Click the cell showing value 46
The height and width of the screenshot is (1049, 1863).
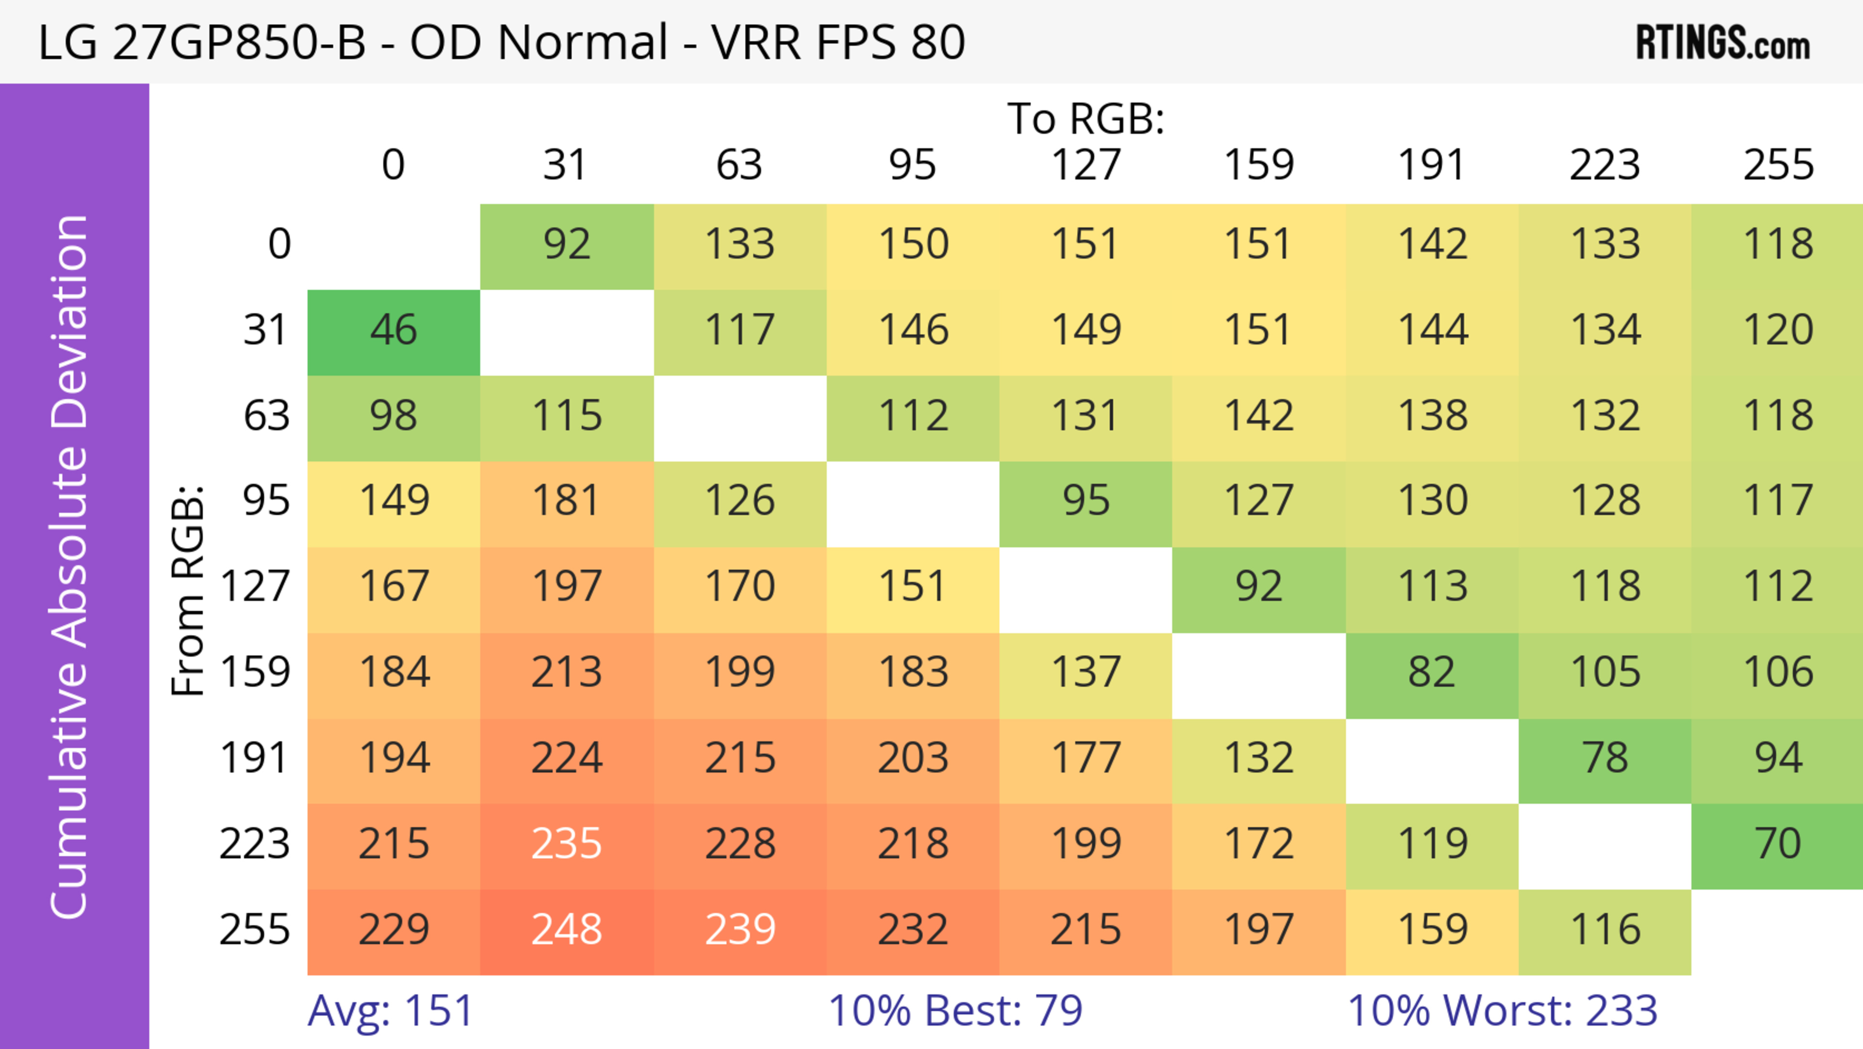[393, 331]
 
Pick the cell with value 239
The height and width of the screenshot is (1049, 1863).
[740, 930]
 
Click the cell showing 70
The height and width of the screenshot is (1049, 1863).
[1778, 844]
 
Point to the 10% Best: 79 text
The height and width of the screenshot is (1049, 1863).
[955, 1011]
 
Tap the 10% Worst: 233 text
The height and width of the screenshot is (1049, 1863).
[1502, 1011]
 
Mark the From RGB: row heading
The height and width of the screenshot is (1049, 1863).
[188, 590]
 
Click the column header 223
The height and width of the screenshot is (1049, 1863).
[1605, 165]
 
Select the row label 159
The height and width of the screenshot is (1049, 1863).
[255, 673]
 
